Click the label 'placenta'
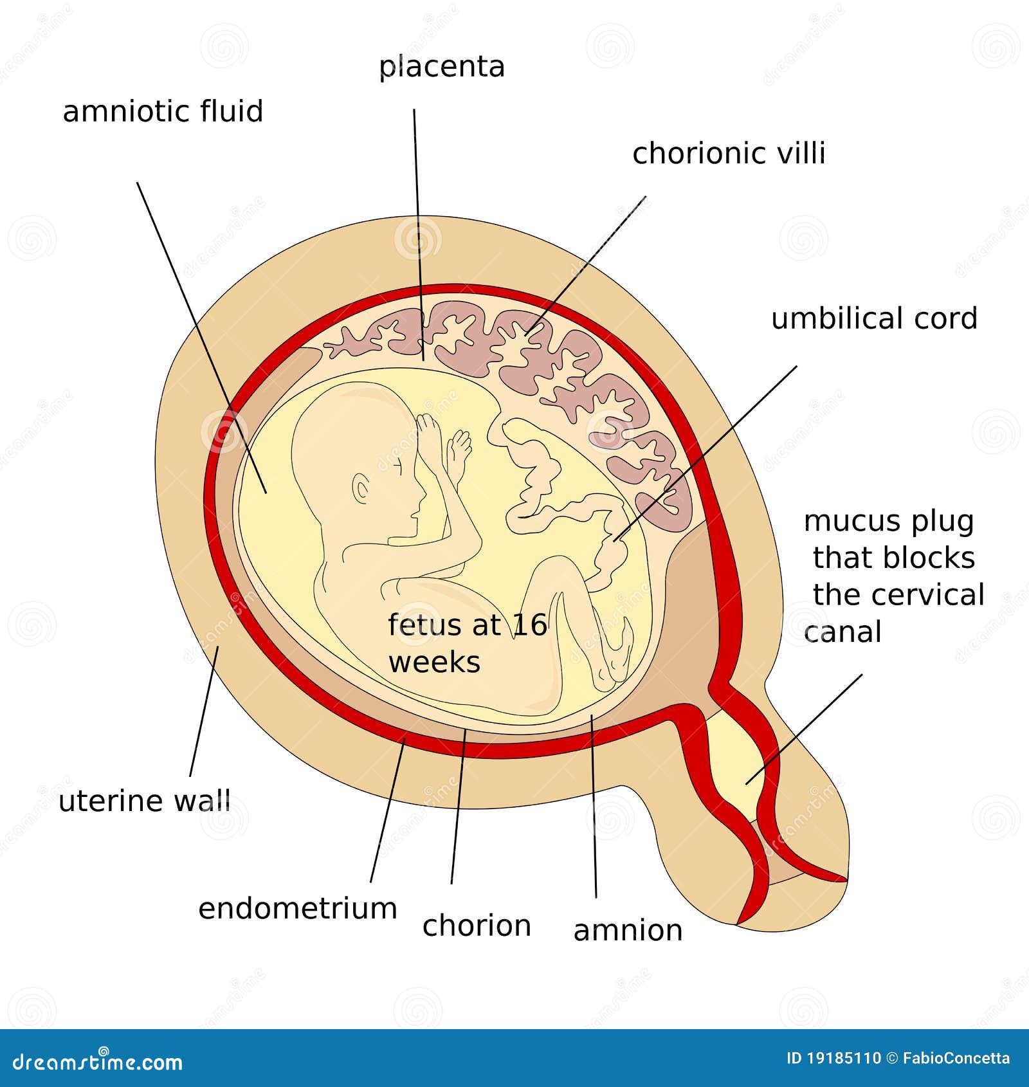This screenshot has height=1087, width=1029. (x=442, y=68)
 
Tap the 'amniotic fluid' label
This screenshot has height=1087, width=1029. (x=163, y=111)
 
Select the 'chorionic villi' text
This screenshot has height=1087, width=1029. (x=729, y=154)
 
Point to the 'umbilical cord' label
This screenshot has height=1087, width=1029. (x=874, y=319)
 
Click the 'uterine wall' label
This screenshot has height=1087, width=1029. (x=145, y=801)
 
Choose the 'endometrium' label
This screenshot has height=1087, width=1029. (x=298, y=909)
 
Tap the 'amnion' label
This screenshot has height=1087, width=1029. (x=628, y=931)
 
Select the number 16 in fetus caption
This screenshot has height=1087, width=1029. (x=530, y=625)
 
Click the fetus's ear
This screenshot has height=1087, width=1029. (x=361, y=490)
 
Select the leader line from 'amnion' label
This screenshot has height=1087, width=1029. (x=594, y=804)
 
